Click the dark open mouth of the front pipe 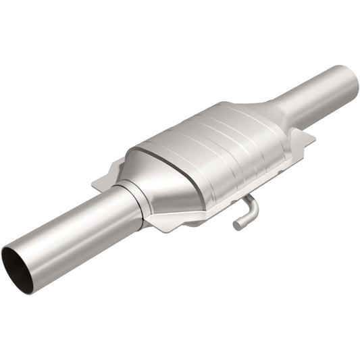click(x=18, y=262)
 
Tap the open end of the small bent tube click(x=238, y=223)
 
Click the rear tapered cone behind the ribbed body click(x=267, y=115)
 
